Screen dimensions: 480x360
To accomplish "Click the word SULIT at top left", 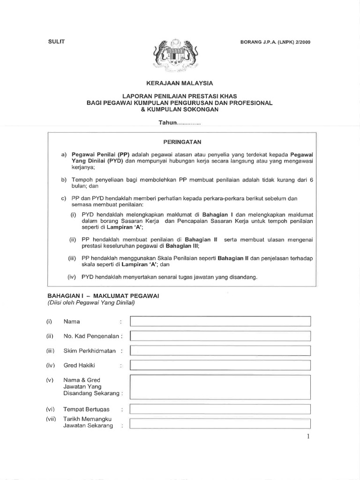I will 55,41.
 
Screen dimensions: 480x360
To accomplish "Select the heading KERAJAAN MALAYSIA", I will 180,83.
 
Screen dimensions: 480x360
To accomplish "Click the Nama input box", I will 220,322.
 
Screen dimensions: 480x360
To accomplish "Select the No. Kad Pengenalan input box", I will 220,336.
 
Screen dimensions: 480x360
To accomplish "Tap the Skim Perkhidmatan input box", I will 220,351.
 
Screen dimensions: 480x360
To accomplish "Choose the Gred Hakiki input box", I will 220,365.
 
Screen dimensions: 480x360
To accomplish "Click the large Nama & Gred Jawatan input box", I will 220,386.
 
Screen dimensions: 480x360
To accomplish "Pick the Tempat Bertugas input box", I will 220,409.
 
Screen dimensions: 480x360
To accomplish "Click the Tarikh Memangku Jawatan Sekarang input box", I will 220,424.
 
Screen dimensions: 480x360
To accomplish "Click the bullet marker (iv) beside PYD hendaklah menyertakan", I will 72,277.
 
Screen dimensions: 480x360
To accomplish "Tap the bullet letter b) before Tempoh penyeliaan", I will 64,180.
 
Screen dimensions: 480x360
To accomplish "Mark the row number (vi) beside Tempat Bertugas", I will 51,409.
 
